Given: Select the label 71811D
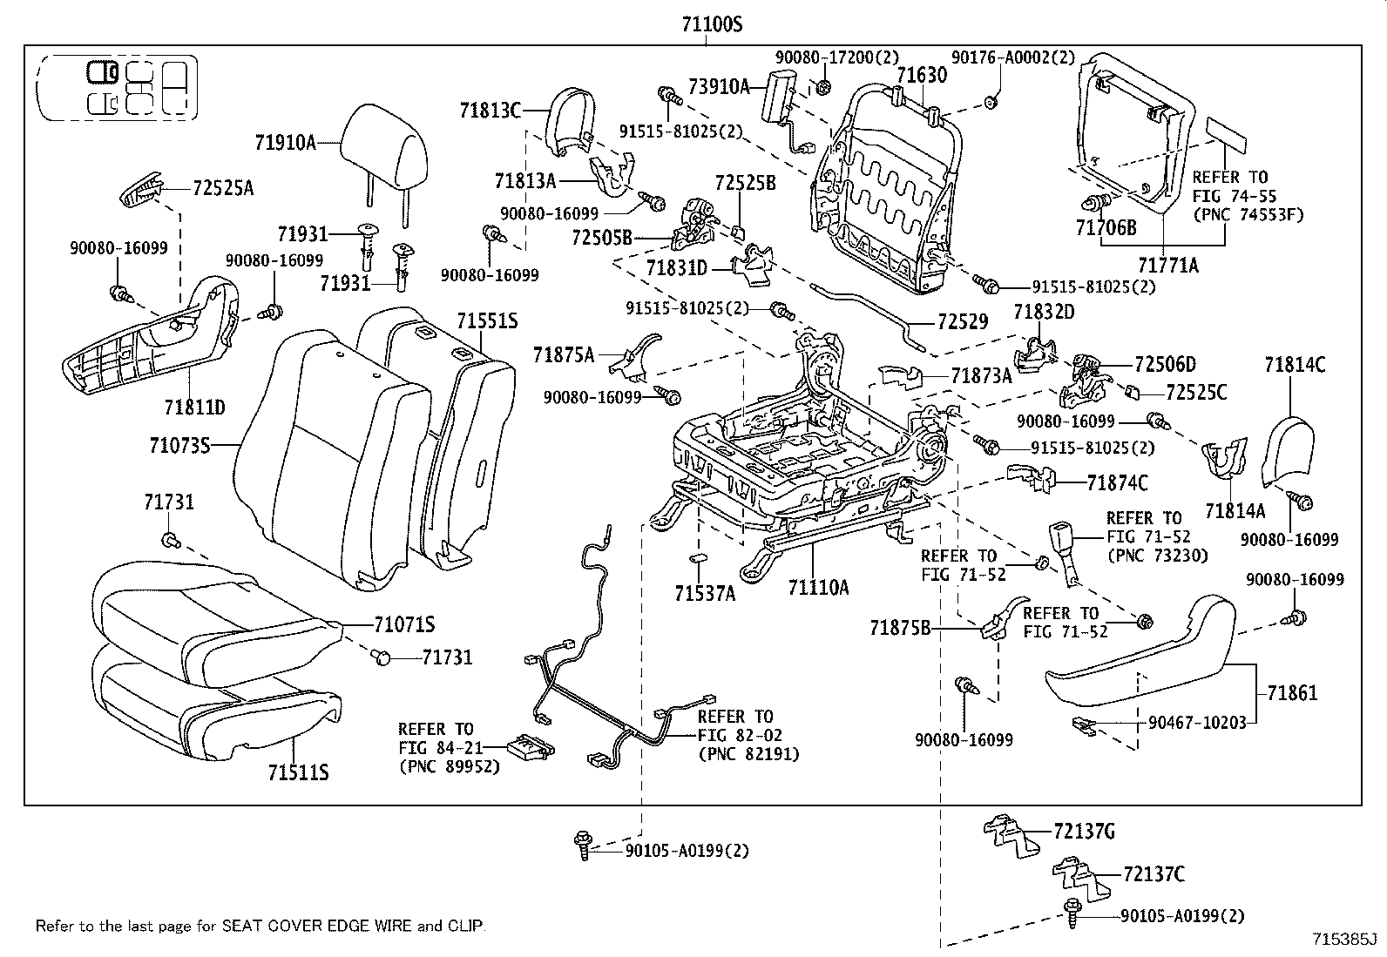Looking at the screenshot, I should [x=194, y=407].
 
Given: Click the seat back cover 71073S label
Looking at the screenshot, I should [x=179, y=445].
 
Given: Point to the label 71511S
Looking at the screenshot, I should [x=298, y=772].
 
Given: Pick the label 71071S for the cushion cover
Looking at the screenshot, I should [x=404, y=624].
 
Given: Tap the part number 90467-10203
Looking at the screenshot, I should [x=1196, y=722].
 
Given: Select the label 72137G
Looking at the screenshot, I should [x=1083, y=832].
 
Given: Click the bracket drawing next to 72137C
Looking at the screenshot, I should [x=1077, y=878].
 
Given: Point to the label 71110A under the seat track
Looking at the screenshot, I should [x=818, y=588].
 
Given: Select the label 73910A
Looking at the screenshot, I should [x=718, y=85].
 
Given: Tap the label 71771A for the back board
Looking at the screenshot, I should [x=1168, y=265].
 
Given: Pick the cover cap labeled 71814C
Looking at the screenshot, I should [x=1286, y=448].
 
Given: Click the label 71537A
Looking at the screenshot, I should [x=704, y=593].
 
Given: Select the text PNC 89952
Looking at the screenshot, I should [x=450, y=767].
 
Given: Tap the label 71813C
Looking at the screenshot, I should [x=490, y=110].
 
